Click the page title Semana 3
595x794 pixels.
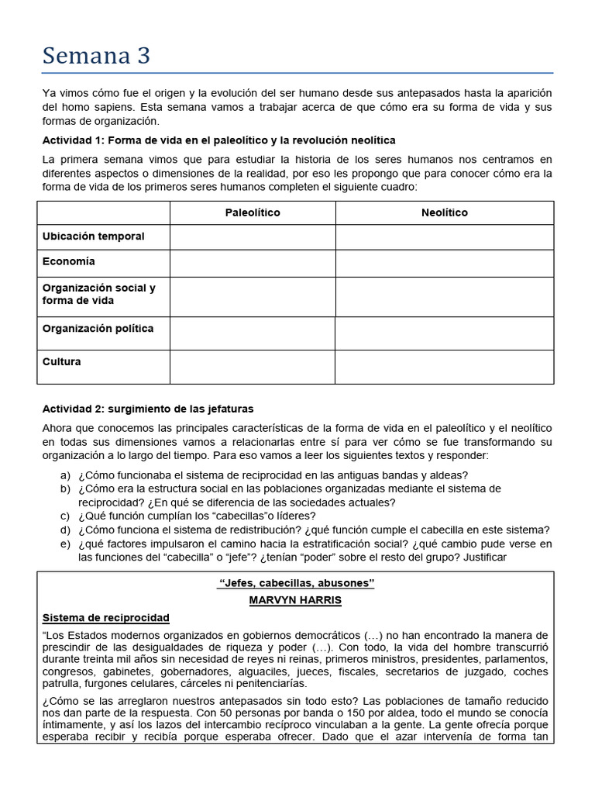click(96, 56)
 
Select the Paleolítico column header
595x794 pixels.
click(253, 212)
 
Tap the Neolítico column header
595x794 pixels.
click(444, 212)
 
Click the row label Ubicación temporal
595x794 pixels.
click(93, 236)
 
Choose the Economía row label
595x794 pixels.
click(69, 262)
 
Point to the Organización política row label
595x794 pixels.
click(98, 329)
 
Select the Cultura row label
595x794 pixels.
click(61, 362)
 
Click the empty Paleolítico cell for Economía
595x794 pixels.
click(253, 263)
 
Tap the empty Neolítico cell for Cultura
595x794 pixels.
click(444, 367)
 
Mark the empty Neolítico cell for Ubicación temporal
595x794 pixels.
click(444, 236)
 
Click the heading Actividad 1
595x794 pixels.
click(218, 140)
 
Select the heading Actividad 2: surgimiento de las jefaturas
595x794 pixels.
click(147, 409)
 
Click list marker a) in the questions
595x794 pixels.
click(65, 475)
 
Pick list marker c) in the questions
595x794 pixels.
click(65, 516)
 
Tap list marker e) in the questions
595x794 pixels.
click(65, 544)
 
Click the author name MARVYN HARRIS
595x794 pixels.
click(295, 600)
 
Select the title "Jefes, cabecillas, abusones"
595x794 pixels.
click(295, 584)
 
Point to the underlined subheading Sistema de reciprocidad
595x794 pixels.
click(105, 618)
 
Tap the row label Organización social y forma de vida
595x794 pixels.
click(98, 294)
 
